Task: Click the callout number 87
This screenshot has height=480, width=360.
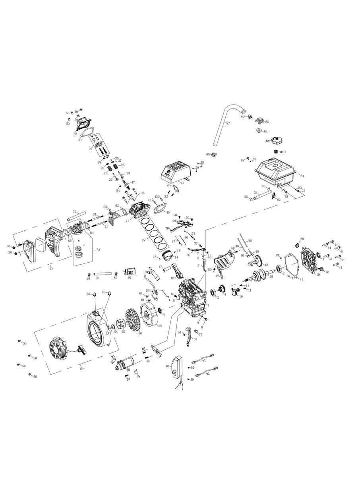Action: coord(228,124)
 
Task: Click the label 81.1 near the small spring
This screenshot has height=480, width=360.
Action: coord(283,152)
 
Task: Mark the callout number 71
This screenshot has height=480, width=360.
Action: coord(50,269)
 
